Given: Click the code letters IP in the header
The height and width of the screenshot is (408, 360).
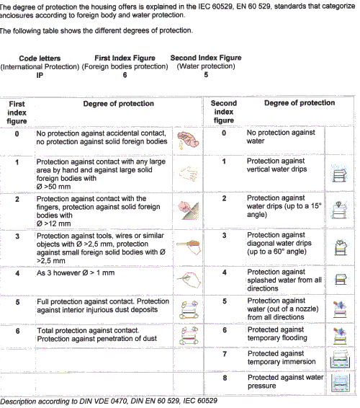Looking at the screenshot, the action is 40,75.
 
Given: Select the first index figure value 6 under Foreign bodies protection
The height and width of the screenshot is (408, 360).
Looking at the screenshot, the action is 125,75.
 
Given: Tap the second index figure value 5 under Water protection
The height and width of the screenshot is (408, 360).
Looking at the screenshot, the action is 206,75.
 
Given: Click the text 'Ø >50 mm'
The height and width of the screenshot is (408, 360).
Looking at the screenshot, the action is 53,187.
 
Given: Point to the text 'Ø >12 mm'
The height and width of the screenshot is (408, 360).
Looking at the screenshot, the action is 53,223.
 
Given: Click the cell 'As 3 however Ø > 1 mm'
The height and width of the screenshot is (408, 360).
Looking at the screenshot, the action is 76,272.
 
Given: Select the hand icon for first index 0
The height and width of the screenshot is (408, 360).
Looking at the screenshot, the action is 188,141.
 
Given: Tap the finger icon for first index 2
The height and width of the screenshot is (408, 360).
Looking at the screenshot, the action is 188,210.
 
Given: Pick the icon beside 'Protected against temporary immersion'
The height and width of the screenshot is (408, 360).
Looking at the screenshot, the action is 340,359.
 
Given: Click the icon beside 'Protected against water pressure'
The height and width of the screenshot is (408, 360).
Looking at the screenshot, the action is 341,383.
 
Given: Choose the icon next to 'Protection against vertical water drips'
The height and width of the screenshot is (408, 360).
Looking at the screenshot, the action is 340,174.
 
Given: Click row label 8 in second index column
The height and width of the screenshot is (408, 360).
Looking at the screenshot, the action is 225,378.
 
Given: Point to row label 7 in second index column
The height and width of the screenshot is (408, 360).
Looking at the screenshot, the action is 225,354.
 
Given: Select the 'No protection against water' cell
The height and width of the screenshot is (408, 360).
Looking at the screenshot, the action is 281,137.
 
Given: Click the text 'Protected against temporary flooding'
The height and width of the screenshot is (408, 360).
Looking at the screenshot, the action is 277,334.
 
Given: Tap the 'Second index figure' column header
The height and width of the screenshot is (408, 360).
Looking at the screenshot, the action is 224,112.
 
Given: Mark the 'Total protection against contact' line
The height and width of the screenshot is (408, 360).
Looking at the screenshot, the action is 88,330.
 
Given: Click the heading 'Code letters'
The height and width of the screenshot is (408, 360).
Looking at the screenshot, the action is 40,58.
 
